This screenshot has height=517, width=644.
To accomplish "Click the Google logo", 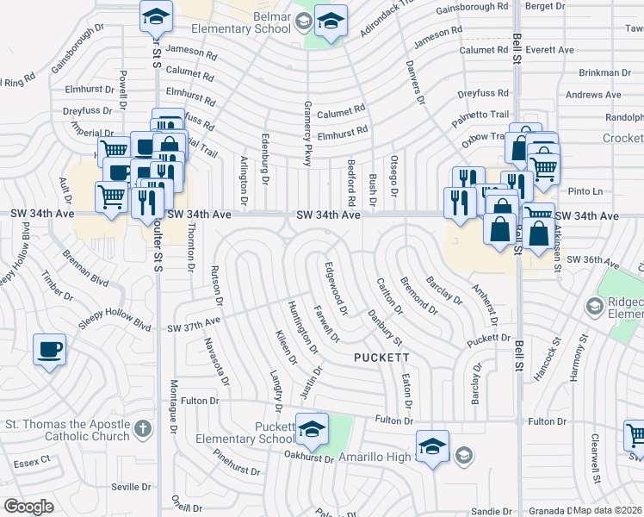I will pos(28,506).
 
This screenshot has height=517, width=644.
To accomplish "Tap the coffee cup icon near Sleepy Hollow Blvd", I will pos(49,349).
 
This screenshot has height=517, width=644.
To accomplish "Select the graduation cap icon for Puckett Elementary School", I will pos(312,427).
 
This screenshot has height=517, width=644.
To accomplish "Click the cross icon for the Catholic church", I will pos(144,428).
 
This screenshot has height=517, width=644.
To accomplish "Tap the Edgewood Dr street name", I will pos(336,288).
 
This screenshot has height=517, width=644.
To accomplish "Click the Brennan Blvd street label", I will pos(86,268).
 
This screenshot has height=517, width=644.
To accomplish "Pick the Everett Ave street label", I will pos(553,50).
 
